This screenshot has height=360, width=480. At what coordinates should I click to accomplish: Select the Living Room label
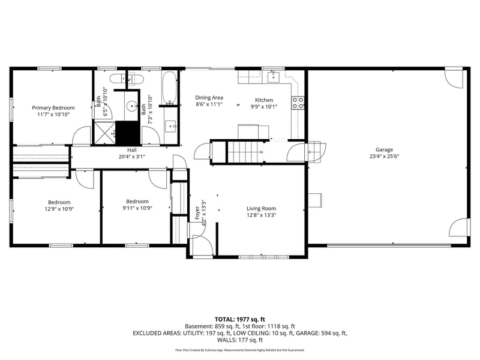coord(261,208)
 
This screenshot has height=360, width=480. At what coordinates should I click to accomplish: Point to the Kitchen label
coord(264,100)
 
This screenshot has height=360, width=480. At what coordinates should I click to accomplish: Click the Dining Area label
coord(209,97)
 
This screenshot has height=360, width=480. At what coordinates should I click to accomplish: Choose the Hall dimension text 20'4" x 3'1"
coord(131,157)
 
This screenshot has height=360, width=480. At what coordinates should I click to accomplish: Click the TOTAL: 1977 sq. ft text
coord(239,319)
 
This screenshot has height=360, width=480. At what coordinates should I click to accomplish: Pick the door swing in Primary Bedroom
coord(80,136)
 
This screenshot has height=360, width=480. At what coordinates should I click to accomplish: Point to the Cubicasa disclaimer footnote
coord(239,350)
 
